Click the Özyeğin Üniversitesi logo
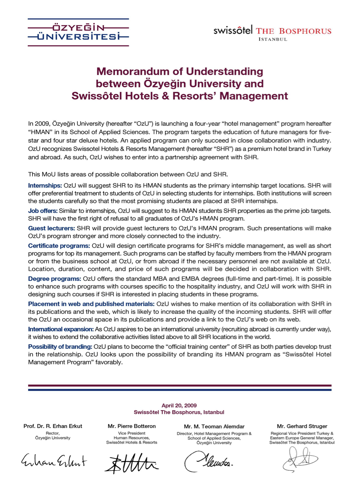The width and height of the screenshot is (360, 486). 78,32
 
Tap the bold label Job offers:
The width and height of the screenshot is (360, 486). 43,211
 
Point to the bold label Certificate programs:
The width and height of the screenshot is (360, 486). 59,245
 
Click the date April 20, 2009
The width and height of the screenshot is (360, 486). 179,406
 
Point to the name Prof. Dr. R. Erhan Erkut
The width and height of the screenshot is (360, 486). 52,426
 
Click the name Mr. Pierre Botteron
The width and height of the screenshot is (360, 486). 131,426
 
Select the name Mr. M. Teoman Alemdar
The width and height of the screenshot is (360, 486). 214,426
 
